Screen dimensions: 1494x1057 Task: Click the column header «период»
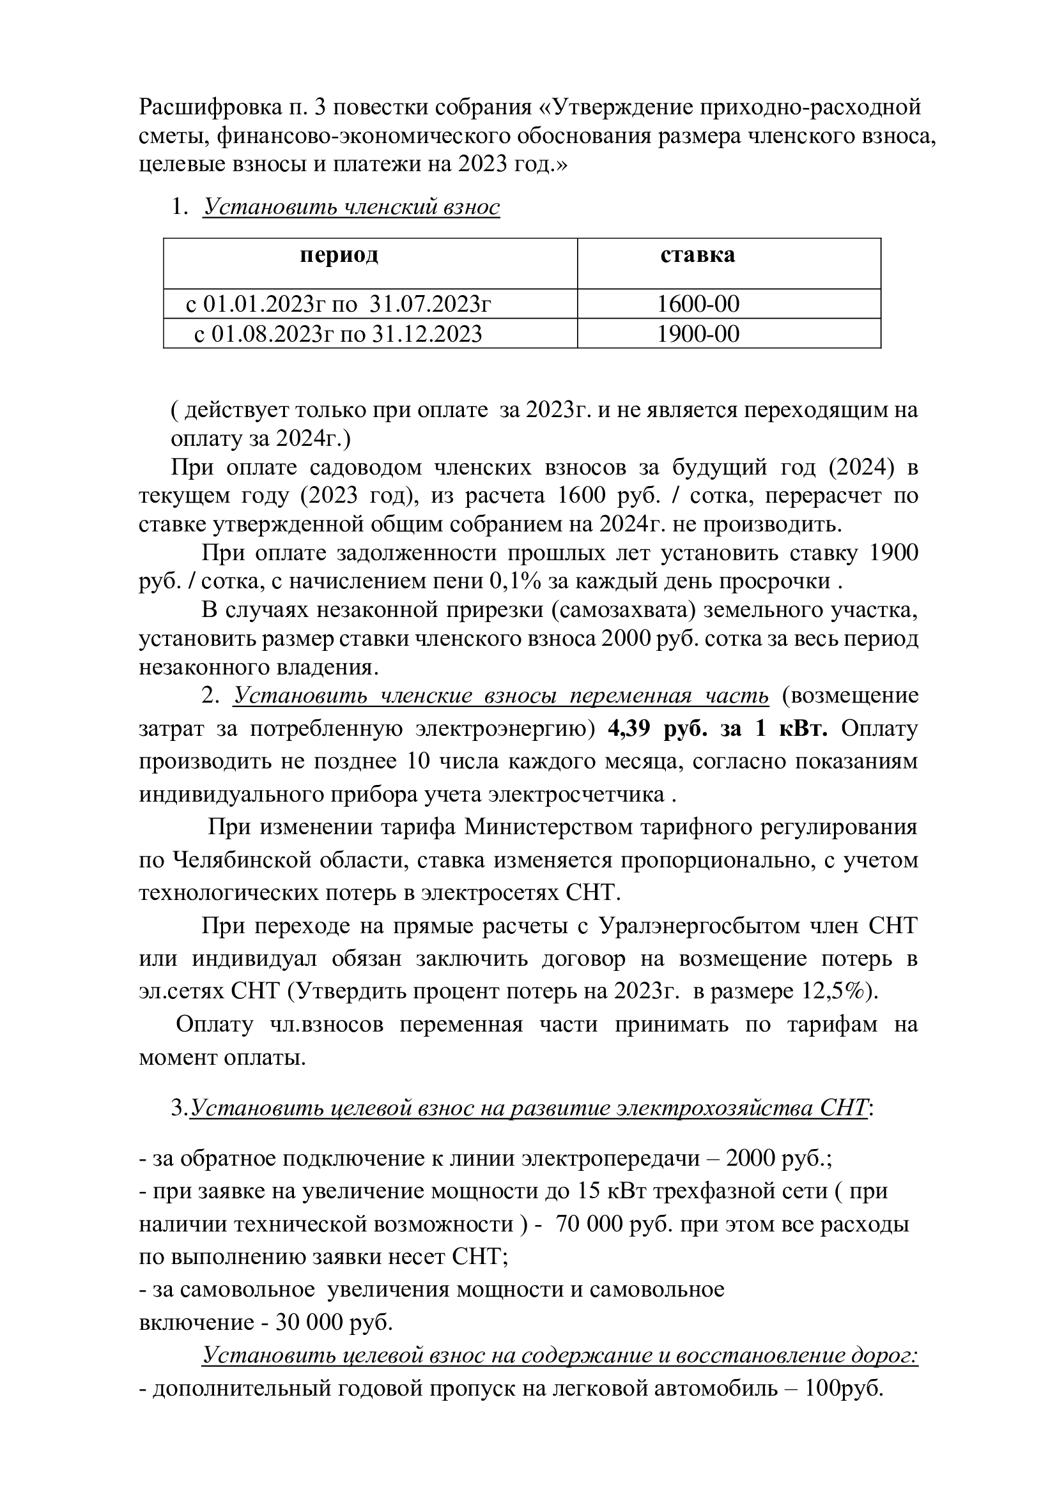click(339, 255)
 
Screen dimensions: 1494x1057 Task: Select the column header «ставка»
click(698, 255)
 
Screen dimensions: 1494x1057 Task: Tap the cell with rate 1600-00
click(698, 304)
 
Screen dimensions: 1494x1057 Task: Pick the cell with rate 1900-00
click(698, 334)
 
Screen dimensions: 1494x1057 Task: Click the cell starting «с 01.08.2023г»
click(339, 334)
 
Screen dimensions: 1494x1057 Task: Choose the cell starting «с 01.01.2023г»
click(339, 304)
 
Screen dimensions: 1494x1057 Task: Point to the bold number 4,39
click(629, 729)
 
